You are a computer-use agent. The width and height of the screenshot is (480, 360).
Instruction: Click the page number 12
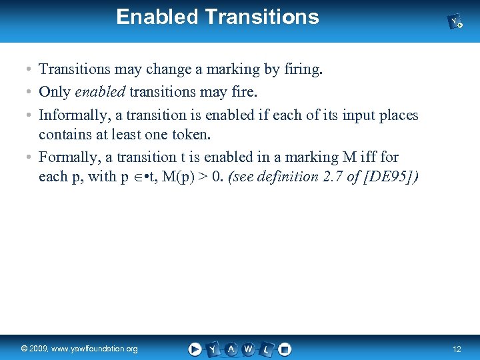click(457, 349)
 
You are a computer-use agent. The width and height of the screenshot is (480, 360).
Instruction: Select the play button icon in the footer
click(195, 349)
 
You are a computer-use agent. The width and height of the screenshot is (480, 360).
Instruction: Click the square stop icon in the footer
click(285, 349)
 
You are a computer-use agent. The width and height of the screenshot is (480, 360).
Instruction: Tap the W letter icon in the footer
click(249, 349)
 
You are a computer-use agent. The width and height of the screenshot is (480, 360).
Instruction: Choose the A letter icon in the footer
click(231, 349)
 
